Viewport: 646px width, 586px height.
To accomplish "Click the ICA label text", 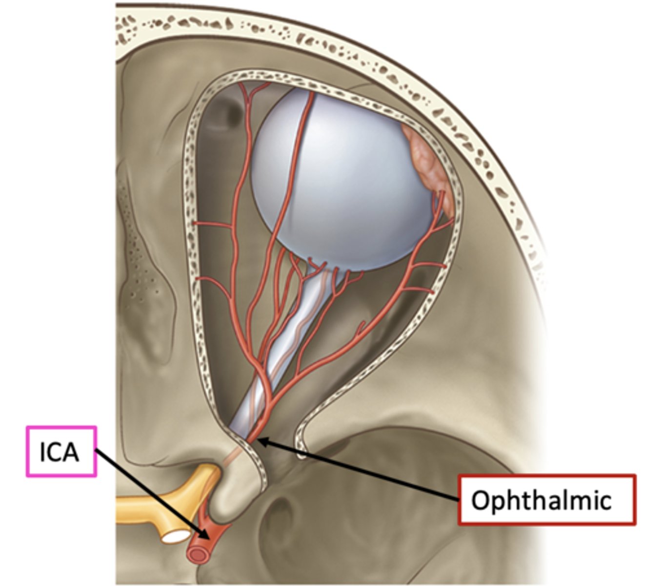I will [59, 452].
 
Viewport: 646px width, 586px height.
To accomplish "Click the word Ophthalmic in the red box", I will [541, 501].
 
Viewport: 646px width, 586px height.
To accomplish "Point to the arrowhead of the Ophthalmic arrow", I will [260, 441].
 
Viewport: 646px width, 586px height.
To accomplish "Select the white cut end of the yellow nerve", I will [176, 537].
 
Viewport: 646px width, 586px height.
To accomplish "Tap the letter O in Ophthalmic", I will [481, 501].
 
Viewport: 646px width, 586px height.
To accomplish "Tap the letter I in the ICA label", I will [43, 452].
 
